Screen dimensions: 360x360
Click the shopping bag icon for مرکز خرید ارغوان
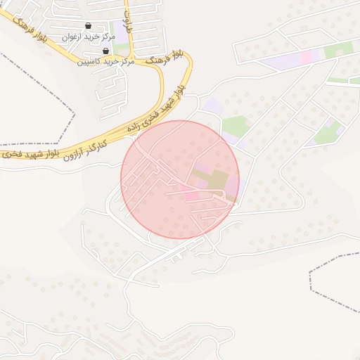point(87,27)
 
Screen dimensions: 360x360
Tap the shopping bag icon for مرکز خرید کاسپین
point(105,51)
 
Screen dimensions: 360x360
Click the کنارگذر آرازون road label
point(87,147)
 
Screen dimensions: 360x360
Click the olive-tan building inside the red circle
point(218,180)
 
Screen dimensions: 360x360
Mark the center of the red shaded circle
point(180,179)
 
